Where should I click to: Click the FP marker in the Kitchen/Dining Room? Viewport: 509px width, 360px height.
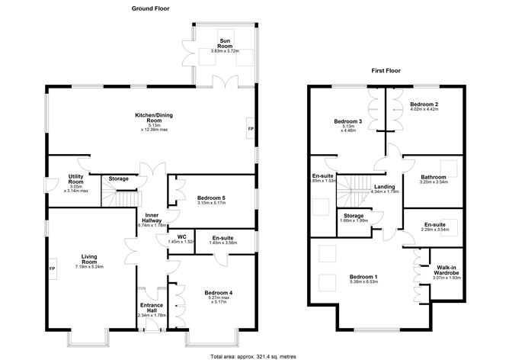point(250,129)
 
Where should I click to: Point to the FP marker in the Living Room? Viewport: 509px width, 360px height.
point(52,269)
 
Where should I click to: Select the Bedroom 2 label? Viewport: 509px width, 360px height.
point(423,104)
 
